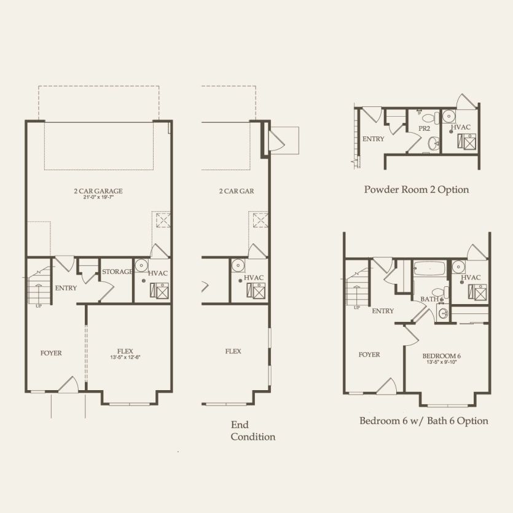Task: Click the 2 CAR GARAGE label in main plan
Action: (98, 191)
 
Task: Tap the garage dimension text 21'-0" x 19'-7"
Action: (98, 198)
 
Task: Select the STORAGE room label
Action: (117, 272)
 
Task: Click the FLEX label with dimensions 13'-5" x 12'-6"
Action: (125, 351)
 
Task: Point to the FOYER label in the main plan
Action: (51, 353)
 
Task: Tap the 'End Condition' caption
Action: (253, 431)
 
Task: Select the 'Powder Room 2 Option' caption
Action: (416, 189)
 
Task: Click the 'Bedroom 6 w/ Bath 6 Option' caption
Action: (423, 421)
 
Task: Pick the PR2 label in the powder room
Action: (424, 128)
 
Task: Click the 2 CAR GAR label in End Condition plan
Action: (237, 191)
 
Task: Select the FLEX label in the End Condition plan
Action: (233, 351)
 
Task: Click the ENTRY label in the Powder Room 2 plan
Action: (373, 139)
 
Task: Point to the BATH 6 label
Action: (429, 299)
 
